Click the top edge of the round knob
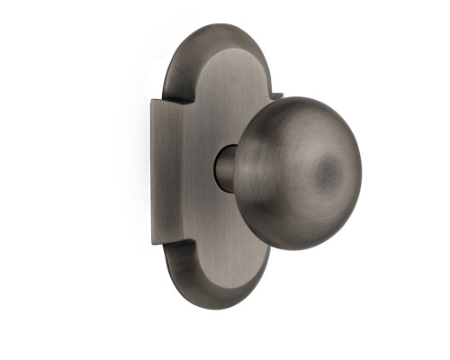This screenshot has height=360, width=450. tap(297, 96)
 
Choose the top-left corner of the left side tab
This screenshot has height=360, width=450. tap(150, 101)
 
